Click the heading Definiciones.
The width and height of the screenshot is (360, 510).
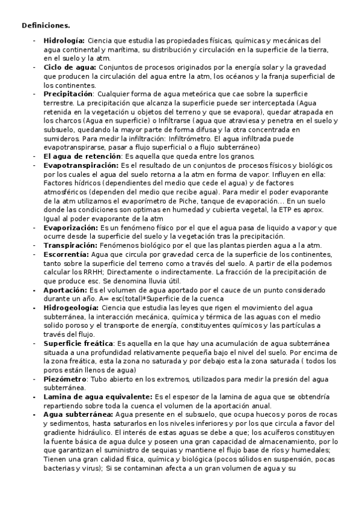coord(46,25)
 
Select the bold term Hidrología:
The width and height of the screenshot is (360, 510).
coord(64,40)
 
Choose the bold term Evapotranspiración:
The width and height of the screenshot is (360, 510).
coord(81,165)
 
